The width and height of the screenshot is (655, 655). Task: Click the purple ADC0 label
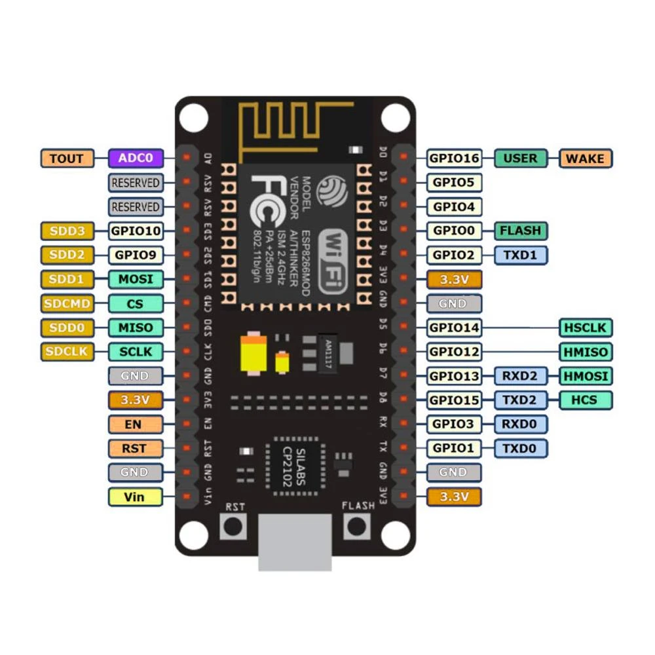(135, 158)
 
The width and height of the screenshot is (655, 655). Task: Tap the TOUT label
(67, 158)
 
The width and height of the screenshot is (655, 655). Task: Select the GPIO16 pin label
(454, 158)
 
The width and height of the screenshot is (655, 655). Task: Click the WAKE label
(586, 158)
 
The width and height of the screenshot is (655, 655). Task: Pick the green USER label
(521, 158)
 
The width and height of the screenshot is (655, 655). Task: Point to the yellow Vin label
(135, 496)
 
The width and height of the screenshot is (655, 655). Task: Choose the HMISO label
(586, 352)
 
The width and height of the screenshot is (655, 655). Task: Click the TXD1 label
(521, 255)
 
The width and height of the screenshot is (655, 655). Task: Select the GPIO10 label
(135, 231)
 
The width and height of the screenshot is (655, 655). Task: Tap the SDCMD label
(67, 303)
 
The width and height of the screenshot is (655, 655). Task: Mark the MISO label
(135, 327)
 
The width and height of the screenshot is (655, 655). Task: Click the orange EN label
(135, 424)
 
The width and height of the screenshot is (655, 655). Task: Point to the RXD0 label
(521, 424)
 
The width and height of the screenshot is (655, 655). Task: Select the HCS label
(586, 400)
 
